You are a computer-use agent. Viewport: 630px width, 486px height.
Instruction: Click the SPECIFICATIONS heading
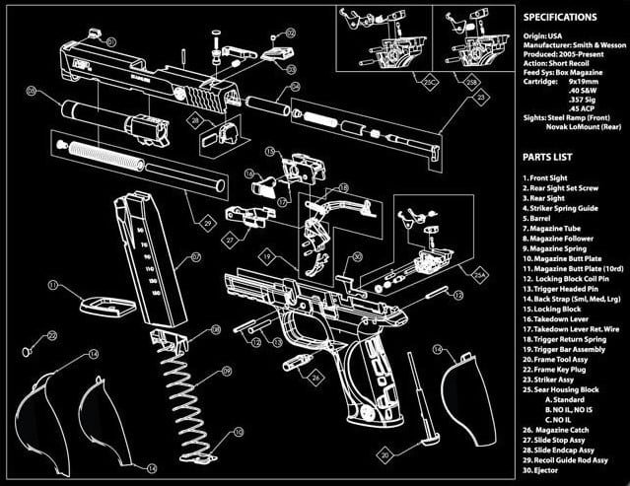tap(572, 18)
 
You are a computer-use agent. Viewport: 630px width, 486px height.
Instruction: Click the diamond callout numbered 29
tap(207, 224)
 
